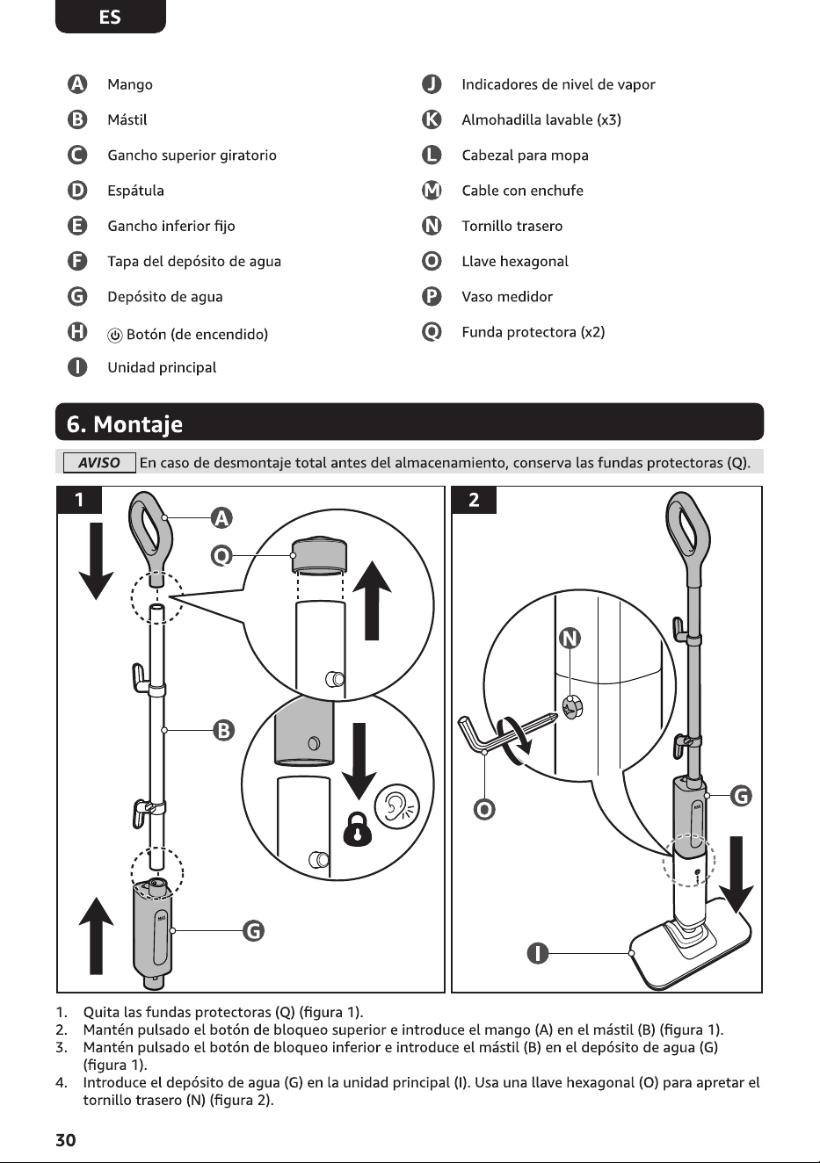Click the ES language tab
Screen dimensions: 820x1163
[x=110, y=17]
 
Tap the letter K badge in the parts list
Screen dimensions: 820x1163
[x=432, y=120]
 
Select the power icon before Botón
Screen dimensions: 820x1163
[x=115, y=336]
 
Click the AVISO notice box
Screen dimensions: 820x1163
[x=99, y=463]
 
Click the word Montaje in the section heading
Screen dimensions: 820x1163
[x=138, y=424]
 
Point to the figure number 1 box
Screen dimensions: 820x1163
[x=79, y=500]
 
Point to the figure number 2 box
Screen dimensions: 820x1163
[x=474, y=500]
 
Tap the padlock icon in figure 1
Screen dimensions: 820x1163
[x=358, y=828]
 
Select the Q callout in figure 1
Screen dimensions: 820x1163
[x=221, y=556]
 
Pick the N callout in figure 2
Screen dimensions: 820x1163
[x=570, y=638]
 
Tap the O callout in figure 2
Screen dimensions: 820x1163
[x=484, y=809]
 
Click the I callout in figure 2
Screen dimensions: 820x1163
[x=537, y=953]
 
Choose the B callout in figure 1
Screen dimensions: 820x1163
[x=223, y=731]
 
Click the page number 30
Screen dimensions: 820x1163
[x=66, y=1140]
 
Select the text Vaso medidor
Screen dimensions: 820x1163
[x=507, y=297]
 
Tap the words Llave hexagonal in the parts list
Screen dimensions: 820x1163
[x=515, y=262]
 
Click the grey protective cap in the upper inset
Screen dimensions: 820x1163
[x=319, y=555]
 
